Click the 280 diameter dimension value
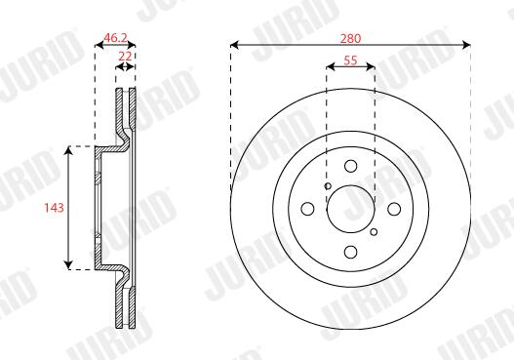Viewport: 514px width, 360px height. point(350,39)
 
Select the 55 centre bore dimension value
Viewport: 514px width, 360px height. point(350,60)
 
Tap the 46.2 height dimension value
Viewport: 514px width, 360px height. point(115,38)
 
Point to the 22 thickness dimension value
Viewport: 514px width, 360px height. point(125,57)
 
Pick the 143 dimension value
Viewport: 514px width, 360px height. point(54,208)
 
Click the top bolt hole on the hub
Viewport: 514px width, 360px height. point(351,166)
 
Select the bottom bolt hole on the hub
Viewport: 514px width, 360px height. point(351,252)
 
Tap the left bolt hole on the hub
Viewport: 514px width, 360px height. point(307,209)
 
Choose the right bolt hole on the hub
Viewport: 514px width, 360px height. point(394,209)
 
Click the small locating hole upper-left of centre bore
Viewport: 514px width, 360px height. point(328,186)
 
